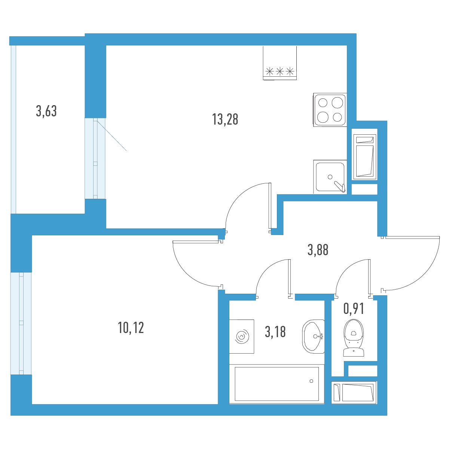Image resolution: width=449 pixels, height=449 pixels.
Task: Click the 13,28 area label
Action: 225,119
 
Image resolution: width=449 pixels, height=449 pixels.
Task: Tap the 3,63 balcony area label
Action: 46,111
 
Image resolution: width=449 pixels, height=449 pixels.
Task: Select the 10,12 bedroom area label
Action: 131,327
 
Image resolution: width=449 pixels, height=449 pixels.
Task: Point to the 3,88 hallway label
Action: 318,250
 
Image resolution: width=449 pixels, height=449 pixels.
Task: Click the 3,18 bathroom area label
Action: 275,332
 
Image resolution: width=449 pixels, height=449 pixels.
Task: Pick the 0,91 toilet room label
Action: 354,309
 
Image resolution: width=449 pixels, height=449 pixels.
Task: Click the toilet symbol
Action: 354,337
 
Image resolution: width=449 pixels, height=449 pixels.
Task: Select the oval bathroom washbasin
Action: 313,336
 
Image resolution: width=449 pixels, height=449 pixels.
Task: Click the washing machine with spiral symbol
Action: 242,336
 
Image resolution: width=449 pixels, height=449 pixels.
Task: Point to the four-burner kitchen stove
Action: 330,110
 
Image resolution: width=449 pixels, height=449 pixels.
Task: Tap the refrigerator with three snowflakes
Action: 280,63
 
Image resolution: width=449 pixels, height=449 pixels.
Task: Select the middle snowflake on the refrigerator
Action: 280,71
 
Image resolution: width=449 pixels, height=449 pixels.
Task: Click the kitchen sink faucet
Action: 340,187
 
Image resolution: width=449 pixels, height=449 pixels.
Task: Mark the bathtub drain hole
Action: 311,381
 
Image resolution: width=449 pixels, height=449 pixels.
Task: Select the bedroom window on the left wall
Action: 21,323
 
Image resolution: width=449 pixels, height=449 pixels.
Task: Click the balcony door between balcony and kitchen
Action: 95,158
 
